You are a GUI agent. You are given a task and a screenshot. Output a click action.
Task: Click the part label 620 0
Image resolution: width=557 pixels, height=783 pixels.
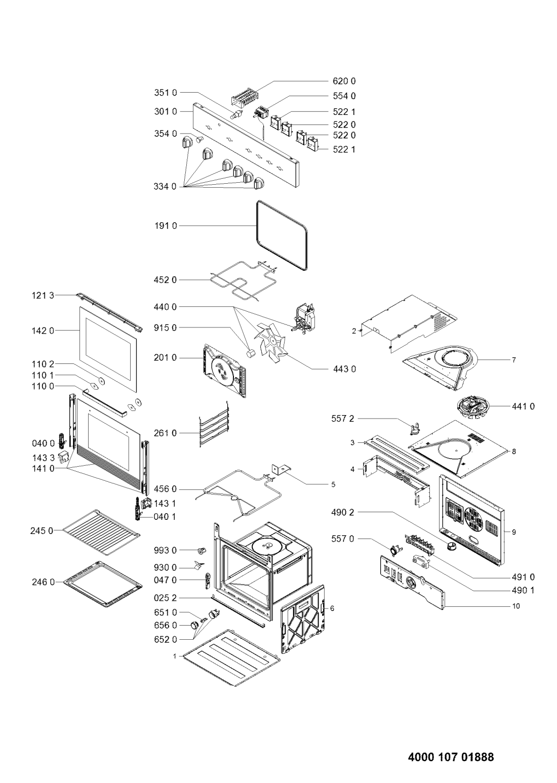344,81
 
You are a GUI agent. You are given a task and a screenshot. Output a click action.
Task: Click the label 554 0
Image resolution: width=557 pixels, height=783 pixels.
344,96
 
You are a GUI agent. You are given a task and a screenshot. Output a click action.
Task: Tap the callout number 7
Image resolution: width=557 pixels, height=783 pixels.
513,360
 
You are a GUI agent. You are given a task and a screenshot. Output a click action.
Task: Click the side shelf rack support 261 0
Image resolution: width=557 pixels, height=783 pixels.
214,424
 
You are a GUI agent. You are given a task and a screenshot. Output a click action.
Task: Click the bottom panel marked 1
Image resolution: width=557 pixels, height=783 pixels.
232,657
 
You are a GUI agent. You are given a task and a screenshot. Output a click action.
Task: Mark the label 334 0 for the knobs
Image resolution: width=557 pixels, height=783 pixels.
165,187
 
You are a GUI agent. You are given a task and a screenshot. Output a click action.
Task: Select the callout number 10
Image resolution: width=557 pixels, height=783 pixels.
516,606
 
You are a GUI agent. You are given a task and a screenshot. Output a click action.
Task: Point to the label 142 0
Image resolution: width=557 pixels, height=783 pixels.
43,331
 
